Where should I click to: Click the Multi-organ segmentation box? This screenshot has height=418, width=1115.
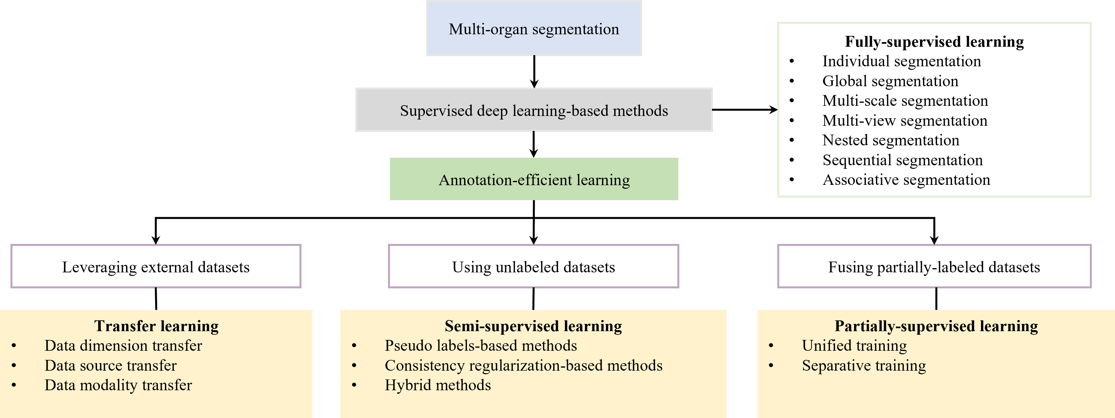tap(534, 28)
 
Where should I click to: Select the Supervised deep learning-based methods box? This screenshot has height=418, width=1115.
tap(534, 110)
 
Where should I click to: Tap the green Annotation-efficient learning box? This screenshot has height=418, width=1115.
tap(534, 179)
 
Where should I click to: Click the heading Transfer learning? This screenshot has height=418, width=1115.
tap(156, 326)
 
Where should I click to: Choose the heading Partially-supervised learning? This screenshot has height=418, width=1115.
tap(936, 326)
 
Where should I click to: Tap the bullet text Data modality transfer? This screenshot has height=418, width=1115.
tap(118, 385)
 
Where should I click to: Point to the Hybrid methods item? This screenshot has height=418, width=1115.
tap(438, 385)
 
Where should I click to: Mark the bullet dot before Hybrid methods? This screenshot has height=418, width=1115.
tap(354, 385)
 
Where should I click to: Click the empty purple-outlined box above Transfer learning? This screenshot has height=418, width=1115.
tap(156, 266)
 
